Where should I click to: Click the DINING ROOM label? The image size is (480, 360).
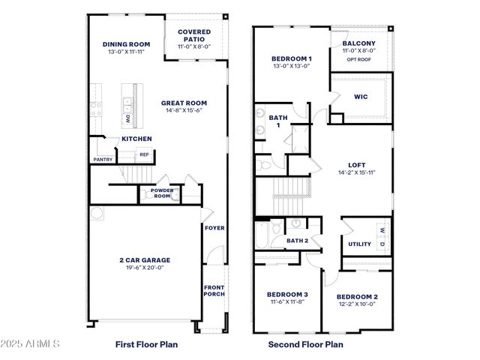pyautogui.click(x=127, y=44)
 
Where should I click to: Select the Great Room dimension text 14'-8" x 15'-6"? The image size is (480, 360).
pyautogui.click(x=184, y=110)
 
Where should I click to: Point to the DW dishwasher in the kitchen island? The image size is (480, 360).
pyautogui.click(x=128, y=118)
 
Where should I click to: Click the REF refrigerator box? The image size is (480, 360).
pyautogui.click(x=145, y=155)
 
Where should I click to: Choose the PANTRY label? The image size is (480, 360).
pyautogui.click(x=103, y=159)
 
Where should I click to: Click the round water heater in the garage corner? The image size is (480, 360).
pyautogui.click(x=95, y=213)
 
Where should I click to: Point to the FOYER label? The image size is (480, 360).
pyautogui.click(x=214, y=228)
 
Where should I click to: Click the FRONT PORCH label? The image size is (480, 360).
pyautogui.click(x=214, y=290)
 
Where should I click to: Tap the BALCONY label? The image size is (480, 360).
pyautogui.click(x=358, y=43)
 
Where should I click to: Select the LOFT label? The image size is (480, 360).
pyautogui.click(x=356, y=165)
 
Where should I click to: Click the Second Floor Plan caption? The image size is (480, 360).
pyautogui.click(x=305, y=345)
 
